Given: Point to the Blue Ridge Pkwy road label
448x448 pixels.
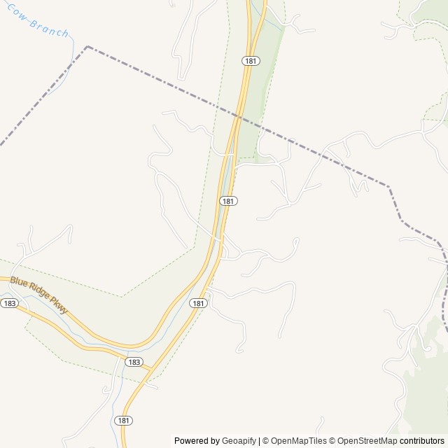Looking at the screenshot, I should click(39, 294).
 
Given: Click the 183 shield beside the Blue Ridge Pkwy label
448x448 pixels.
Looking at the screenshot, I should click(9, 303).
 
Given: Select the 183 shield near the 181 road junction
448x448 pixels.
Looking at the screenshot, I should click(134, 362).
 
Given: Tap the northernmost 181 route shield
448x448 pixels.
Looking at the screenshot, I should click(251, 61).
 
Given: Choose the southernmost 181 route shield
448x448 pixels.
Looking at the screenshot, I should click(123, 420).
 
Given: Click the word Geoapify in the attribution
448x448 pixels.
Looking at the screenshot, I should click(239, 441).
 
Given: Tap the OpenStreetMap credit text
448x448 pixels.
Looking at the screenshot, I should click(367, 441).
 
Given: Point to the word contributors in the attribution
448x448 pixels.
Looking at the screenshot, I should click(422, 441).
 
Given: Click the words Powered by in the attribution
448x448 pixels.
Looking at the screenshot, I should click(197, 441).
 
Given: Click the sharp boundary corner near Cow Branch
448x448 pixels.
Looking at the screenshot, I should click(87, 47).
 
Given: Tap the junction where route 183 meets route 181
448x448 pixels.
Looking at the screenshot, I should click(153, 368).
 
